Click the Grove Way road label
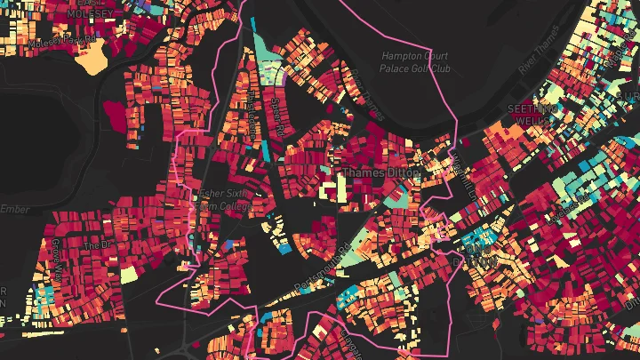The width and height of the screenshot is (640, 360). [55, 253]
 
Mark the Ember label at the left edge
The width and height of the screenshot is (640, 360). [15, 210]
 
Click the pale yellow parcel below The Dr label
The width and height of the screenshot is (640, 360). [129, 274]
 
